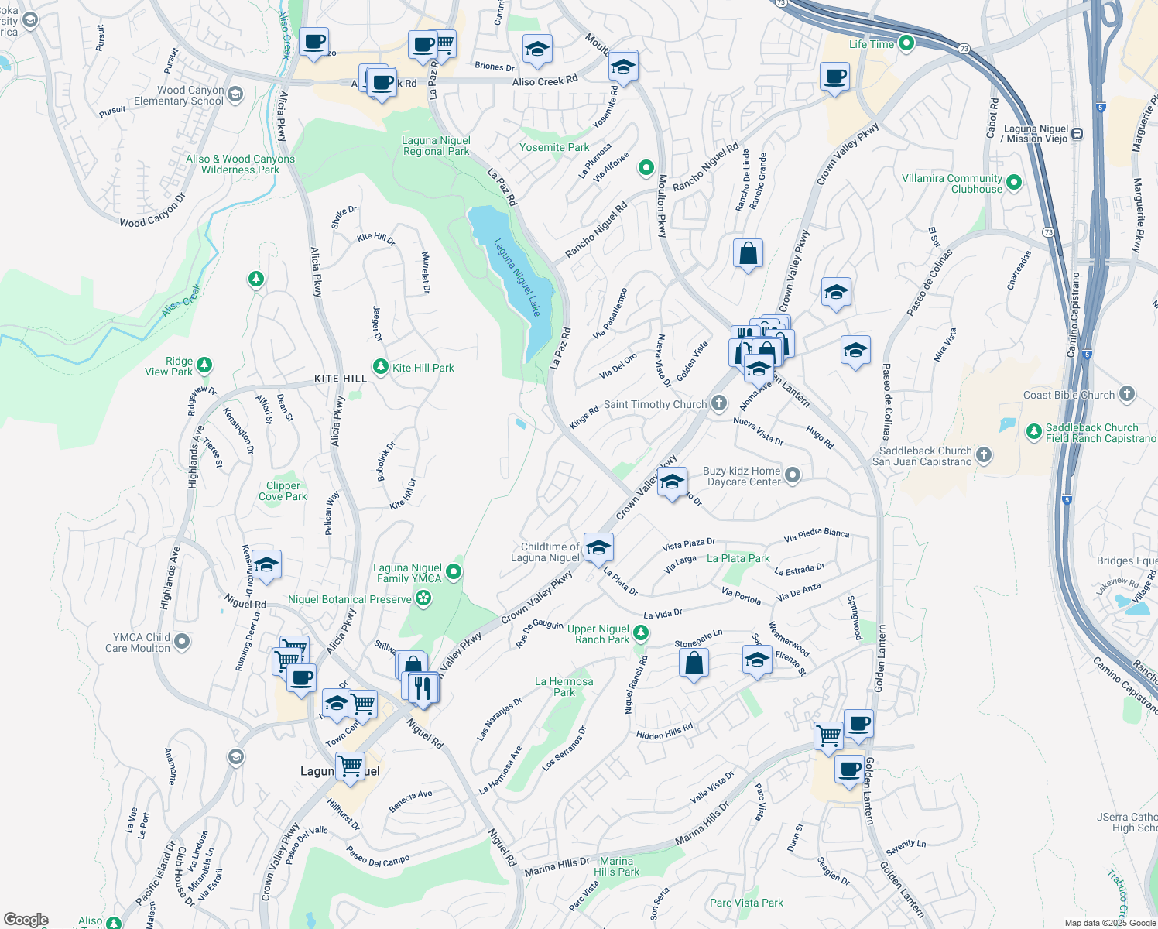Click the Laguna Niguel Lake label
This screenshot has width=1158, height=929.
pyautogui.click(x=518, y=276)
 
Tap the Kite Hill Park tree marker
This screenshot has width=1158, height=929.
pyautogui.click(x=380, y=366)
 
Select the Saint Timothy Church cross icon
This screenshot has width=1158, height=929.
pyautogui.click(x=719, y=403)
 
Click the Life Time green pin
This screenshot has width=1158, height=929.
pyautogui.click(x=906, y=43)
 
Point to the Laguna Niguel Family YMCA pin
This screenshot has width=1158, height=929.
pyautogui.click(x=454, y=573)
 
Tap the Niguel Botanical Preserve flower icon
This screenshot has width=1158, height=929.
pyautogui.click(x=423, y=598)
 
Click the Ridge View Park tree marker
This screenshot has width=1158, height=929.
pyautogui.click(x=204, y=364)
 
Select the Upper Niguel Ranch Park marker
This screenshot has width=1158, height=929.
pyautogui.click(x=640, y=633)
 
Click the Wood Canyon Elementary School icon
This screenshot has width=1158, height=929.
pyautogui.click(x=235, y=94)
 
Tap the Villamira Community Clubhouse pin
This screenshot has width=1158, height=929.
pyautogui.click(x=1013, y=183)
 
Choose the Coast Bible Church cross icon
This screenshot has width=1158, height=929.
pyautogui.click(x=1126, y=394)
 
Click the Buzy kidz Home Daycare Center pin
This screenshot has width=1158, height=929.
pyautogui.click(x=792, y=475)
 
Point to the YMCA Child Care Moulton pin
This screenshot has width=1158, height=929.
pyautogui.click(x=181, y=642)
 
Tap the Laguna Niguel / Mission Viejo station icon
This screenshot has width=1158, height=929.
pyautogui.click(x=1077, y=133)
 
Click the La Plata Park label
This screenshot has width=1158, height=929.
pyautogui.click(x=738, y=558)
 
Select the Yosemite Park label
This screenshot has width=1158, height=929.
pyautogui.click(x=554, y=147)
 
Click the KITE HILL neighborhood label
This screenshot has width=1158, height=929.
pyautogui.click(x=341, y=379)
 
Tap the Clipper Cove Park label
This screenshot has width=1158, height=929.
pyautogui.click(x=283, y=491)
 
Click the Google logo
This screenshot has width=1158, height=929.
pyautogui.click(x=26, y=920)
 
